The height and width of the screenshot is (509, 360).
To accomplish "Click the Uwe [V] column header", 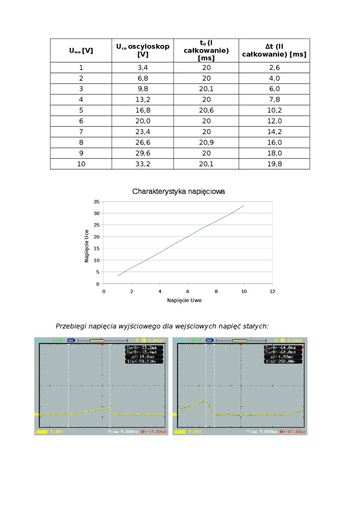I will pos(81,51).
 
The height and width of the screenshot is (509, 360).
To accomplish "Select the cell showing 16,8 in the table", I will pos(143,110).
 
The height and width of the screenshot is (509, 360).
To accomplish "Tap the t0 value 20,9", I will pos(206,143).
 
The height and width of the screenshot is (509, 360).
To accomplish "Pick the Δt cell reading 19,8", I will pos(274,164).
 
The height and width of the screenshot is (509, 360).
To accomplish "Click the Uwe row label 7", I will pos(81,132).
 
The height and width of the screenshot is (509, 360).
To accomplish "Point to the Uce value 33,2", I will pos(143,164).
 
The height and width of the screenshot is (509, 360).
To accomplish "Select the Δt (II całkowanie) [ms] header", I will pos(274,50).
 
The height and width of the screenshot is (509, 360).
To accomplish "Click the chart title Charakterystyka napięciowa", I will pos(179,192).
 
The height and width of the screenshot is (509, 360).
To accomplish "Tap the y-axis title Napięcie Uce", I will pos(87,246).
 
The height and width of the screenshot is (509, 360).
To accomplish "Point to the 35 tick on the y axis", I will pos(97,202).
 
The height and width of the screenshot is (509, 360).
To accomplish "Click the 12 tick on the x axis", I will pos(272,291).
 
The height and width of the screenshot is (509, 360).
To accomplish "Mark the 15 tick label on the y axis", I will pos(97,249).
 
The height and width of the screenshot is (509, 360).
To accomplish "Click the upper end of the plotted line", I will pos(244,205).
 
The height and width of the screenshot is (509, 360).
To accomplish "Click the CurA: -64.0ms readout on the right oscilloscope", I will pos(283,348).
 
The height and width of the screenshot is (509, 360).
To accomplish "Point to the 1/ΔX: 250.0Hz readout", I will pos(283,361).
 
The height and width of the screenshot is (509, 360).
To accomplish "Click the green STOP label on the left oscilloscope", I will pos(58,340).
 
